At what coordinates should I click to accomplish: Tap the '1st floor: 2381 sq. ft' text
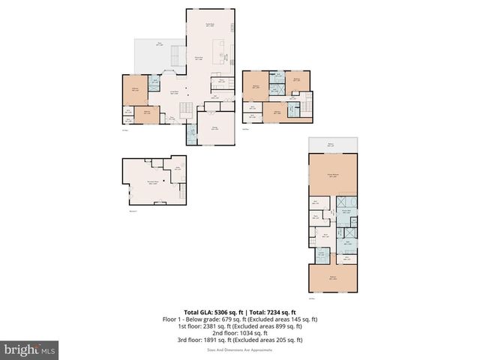208,325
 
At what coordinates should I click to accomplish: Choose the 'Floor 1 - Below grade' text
190,319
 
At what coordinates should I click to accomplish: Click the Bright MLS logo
30,349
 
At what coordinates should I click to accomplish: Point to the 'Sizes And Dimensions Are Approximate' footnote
240,349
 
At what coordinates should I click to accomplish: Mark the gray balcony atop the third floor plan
333,145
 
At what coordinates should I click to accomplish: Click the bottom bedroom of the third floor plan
333,278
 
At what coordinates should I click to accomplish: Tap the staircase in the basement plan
178,193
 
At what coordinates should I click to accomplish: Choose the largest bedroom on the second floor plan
256,86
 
